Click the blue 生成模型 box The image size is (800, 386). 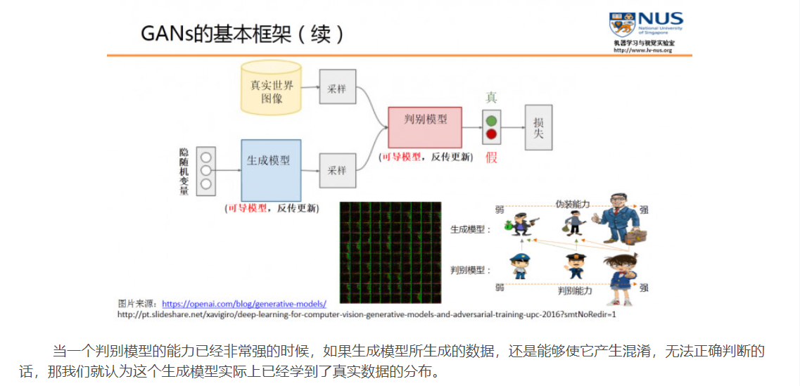(270, 169)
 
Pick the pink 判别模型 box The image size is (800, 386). (425, 127)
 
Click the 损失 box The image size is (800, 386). (538, 127)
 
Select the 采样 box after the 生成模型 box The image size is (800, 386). (337, 170)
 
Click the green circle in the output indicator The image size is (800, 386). (491, 120)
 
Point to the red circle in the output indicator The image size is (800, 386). (491, 134)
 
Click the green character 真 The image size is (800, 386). (491, 97)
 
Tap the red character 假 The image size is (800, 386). (491, 157)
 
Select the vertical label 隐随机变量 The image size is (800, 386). (184, 171)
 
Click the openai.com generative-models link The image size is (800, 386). (244, 304)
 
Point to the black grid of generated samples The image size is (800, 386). (391, 250)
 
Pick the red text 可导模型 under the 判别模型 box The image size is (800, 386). (402, 157)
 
